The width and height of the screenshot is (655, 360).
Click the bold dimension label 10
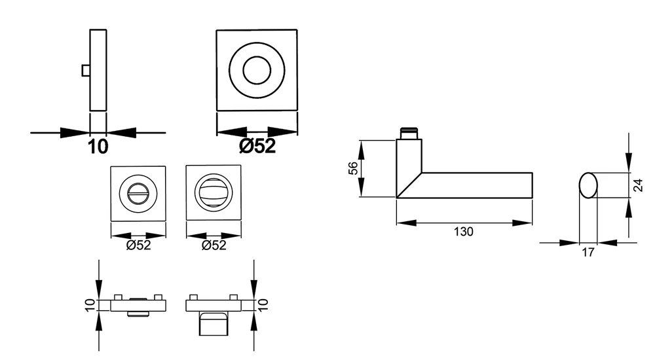pyautogui.click(x=98, y=147)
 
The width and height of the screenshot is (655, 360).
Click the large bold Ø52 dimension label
pyautogui.click(x=257, y=146)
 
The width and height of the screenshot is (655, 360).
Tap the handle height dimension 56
pyautogui.click(x=354, y=168)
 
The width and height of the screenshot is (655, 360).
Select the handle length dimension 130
pyautogui.click(x=464, y=231)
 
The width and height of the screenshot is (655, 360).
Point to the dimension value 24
pyautogui.click(x=638, y=185)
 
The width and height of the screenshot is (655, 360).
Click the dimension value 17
pyautogui.click(x=588, y=252)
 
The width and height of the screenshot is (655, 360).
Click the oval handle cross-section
pyautogui.click(x=588, y=185)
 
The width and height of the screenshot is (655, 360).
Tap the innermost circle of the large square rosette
pyautogui.click(x=257, y=70)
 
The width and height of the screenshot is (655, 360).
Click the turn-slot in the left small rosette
pyautogui.click(x=138, y=193)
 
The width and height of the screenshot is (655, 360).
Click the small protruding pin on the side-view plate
pyautogui.click(x=86, y=71)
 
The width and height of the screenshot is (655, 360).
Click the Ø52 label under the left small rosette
pyautogui.click(x=138, y=245)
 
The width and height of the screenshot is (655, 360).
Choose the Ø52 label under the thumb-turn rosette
pyautogui.click(x=214, y=245)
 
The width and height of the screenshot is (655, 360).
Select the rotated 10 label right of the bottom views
pyautogui.click(x=263, y=305)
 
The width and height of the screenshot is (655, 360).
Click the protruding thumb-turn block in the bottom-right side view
pyautogui.click(x=214, y=323)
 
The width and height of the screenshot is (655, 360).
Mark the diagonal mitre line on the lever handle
pyautogui.click(x=409, y=185)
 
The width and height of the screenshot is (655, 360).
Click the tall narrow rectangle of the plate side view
pyautogui.click(x=98, y=70)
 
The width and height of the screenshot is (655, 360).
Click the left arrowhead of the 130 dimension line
pyautogui.click(x=407, y=223)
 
